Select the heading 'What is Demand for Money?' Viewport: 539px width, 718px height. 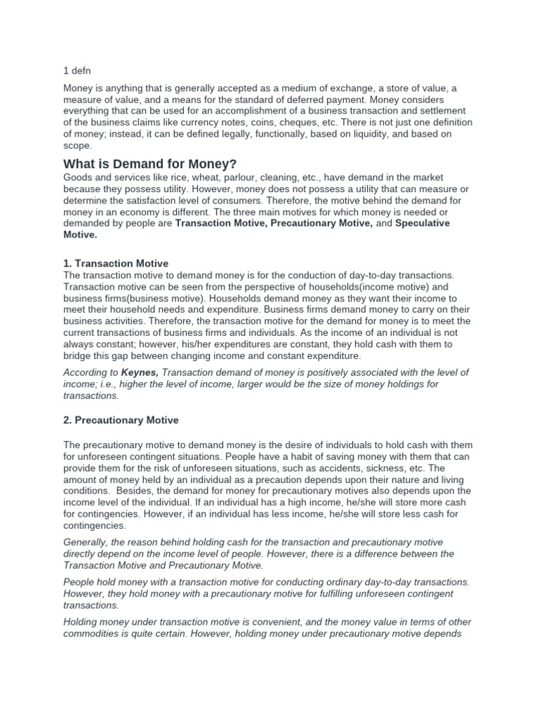pos(151,163)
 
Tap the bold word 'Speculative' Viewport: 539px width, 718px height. pos(422,223)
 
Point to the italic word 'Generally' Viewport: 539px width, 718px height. pos(86,543)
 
